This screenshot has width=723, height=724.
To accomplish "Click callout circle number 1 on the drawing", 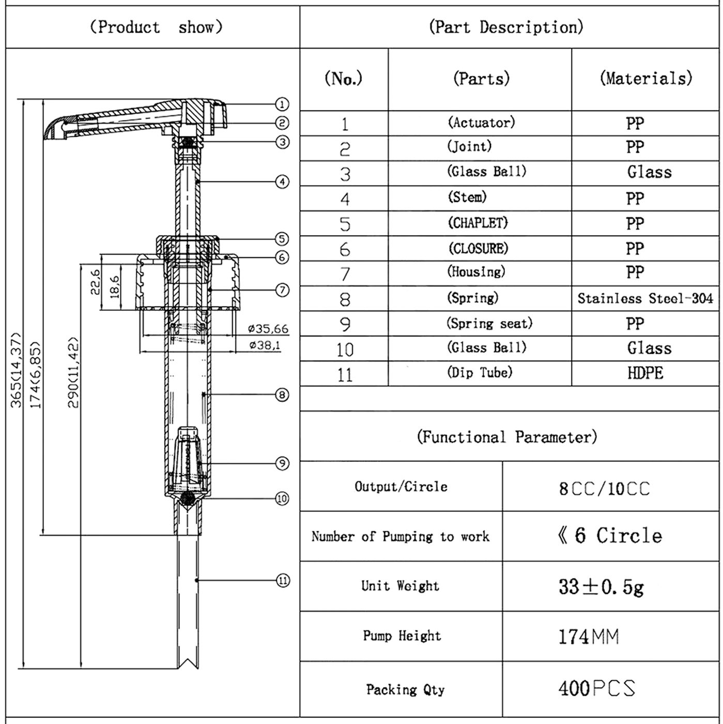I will tap(282, 104).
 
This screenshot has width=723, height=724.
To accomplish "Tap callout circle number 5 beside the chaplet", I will tap(282, 239).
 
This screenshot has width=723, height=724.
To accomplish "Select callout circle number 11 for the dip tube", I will tap(283, 581).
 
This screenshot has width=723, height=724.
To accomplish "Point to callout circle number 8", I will tap(282, 395).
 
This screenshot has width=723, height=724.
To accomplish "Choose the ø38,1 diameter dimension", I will tap(265, 345).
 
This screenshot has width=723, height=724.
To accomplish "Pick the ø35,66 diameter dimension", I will tap(268, 329).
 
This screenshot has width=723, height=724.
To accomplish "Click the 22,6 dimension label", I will tap(96, 282).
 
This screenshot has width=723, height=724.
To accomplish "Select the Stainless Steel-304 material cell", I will tap(645, 298).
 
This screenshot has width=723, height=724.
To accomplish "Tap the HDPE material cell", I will tap(645, 373).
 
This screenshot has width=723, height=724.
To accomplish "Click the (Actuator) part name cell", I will tap(481, 123).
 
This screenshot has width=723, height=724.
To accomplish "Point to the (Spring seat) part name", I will tap(489, 324).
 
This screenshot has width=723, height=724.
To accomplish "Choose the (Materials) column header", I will tap(645, 79).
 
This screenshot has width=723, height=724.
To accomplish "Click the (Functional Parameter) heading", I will tap(506, 437).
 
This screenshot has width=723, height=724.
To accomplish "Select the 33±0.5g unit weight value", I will tap(601, 586).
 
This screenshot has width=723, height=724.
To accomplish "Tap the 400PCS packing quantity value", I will tap(597, 688).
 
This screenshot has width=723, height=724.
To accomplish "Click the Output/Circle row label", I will tap(401, 487).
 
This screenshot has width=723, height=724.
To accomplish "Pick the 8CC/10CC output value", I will tap(604, 489).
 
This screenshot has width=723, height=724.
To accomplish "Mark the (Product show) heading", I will tap(156, 27).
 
